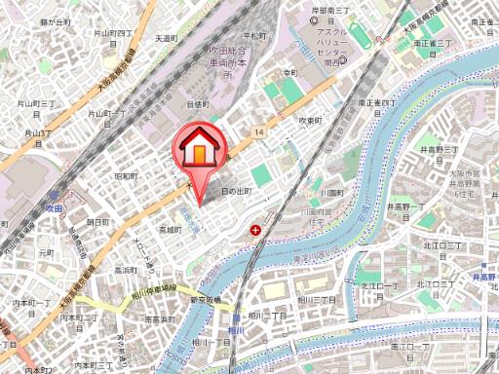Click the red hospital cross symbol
255,231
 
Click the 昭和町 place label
126,176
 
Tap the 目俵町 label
199,102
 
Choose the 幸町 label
289,73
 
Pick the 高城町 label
169,230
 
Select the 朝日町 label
97,222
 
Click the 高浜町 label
125,270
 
